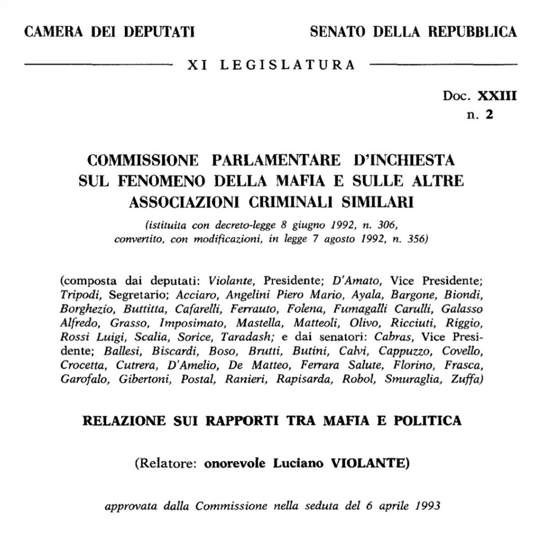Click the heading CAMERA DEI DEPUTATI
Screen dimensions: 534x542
tap(110, 33)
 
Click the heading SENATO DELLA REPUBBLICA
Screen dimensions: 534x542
tap(413, 33)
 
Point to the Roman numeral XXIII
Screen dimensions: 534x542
tap(497, 96)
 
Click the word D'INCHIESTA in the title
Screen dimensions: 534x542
tap(404, 160)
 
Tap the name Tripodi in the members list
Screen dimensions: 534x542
tap(75, 295)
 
